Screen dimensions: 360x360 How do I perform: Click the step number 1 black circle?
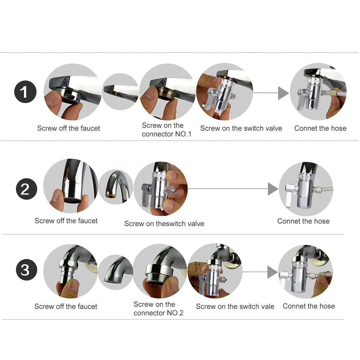coord(25,92)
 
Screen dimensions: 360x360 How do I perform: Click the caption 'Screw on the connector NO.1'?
coord(166,130)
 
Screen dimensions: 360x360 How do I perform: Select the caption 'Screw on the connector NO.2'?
coord(158,309)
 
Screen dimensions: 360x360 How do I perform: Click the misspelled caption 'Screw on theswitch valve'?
coord(164,224)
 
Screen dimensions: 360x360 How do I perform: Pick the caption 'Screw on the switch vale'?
coord(235,306)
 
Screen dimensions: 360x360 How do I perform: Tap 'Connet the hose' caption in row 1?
coord(320,128)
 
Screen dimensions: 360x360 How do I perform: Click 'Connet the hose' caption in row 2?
coord(303,221)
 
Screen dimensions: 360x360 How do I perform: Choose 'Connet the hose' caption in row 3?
coord(309,306)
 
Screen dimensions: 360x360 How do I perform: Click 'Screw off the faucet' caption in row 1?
coord(68,128)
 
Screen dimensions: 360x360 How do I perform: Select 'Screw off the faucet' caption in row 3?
coord(66,306)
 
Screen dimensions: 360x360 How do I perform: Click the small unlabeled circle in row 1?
coord(120,91)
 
